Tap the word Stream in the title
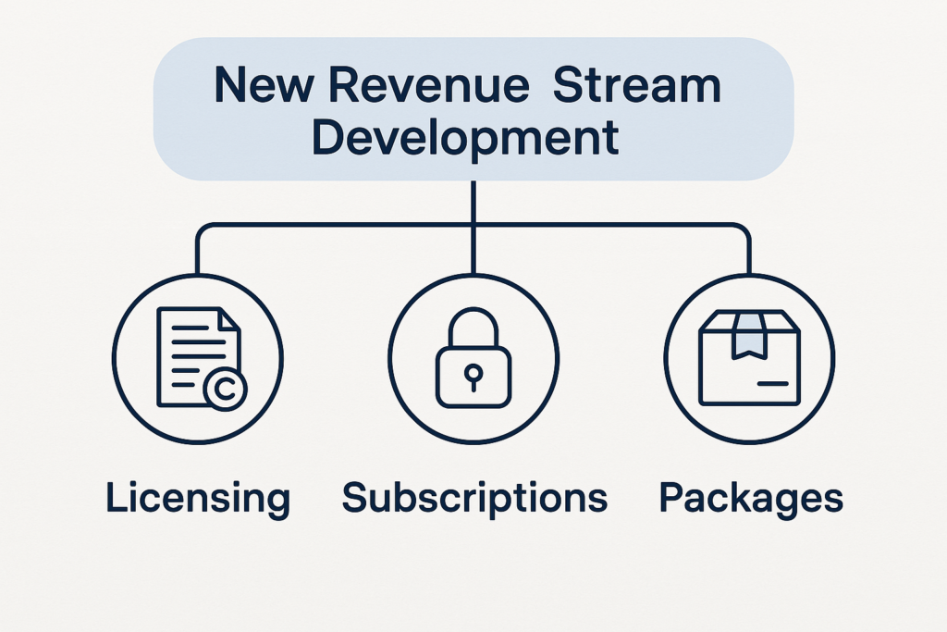(x=637, y=86)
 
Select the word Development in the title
(x=464, y=137)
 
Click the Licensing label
(x=198, y=498)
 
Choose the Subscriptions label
(x=474, y=498)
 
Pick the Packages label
(x=751, y=498)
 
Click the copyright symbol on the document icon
(x=222, y=391)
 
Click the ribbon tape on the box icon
(x=748, y=336)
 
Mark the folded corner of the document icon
(x=228, y=320)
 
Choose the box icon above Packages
(x=749, y=358)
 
